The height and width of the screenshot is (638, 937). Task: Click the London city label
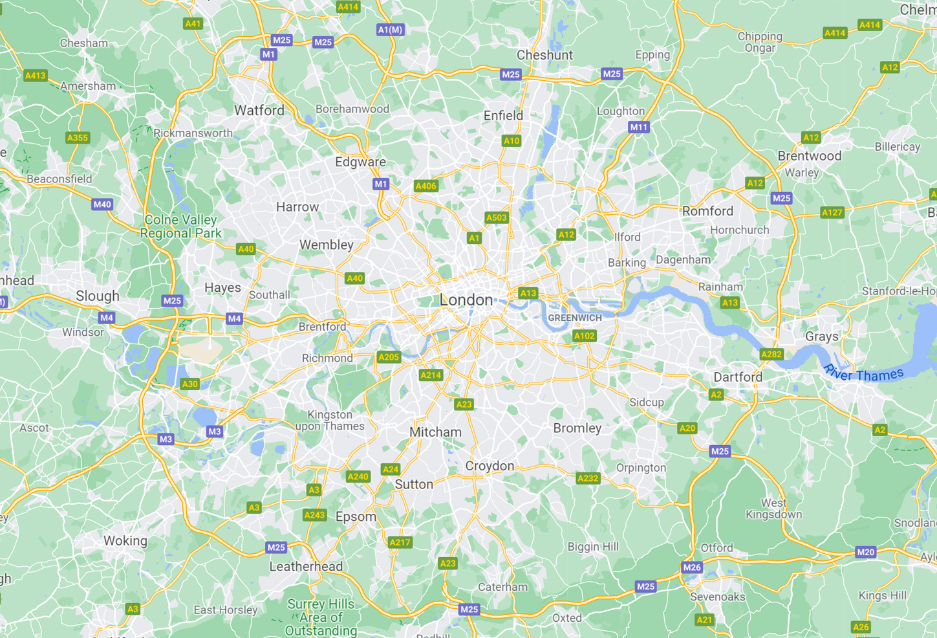pos(466,300)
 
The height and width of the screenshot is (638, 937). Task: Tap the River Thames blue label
pos(863,374)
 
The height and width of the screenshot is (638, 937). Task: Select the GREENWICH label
pos(574,318)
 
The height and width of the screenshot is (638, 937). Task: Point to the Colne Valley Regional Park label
pos(180,226)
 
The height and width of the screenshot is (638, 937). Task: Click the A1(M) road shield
pos(390,30)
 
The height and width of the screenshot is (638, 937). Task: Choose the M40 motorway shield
pos(102,204)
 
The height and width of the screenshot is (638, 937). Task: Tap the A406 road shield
pos(425,186)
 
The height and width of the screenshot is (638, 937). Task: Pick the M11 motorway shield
pos(638,127)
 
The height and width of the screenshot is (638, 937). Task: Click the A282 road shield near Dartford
pos(771,354)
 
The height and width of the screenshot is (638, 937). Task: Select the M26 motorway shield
pos(691,567)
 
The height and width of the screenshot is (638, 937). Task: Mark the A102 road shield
pos(584,336)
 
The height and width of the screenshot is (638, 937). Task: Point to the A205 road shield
pos(389,357)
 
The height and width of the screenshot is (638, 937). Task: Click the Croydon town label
pos(490,466)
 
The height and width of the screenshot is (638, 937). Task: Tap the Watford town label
pos(259,110)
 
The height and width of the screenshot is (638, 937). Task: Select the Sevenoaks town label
pos(717,597)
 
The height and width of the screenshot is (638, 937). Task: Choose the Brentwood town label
pos(809,156)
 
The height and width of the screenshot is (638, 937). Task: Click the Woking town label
pos(125,540)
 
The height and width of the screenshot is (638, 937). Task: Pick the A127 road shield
pos(832,212)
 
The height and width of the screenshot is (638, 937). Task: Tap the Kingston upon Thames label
pos(330,420)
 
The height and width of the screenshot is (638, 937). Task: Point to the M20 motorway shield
pos(865,552)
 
